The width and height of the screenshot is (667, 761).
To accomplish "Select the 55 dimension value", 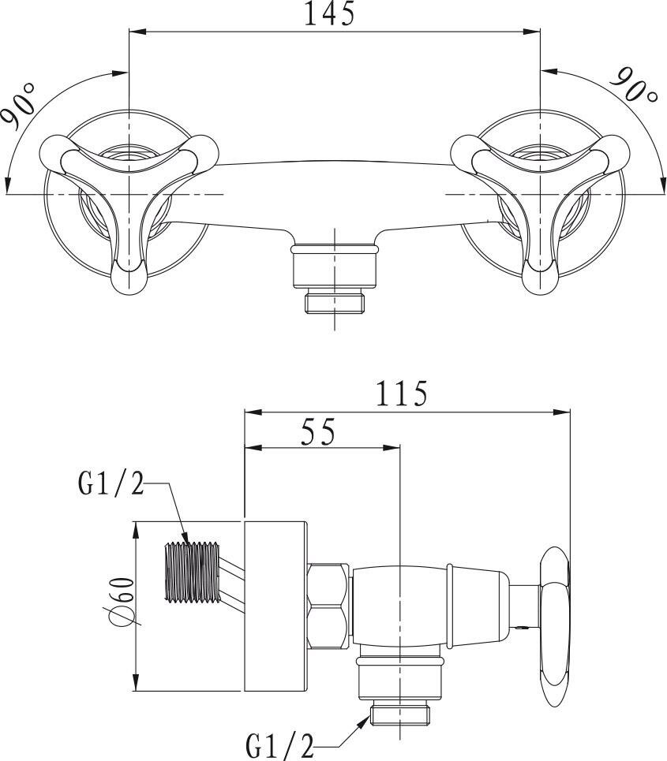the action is [317, 431].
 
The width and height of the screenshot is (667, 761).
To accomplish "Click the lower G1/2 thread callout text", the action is [280, 743].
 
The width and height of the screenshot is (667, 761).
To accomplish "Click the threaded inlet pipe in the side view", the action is [191, 573].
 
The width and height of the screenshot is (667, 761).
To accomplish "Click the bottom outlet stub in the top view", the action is [335, 276].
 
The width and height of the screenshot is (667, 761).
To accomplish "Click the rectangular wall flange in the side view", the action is [274, 606].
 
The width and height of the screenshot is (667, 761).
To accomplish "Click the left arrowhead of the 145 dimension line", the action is [134, 32].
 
